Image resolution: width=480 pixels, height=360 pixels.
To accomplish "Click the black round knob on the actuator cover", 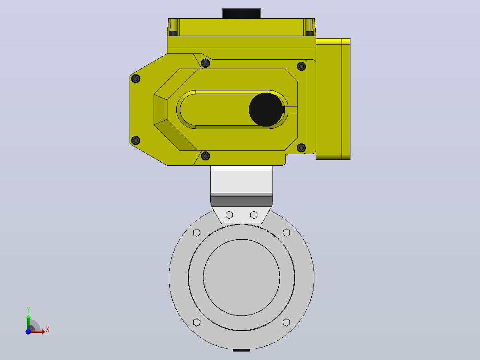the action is coord(266,109).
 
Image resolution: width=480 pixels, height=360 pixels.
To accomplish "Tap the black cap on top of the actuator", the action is coord(241,13).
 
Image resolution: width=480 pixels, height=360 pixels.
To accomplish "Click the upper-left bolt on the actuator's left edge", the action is coord(136,79).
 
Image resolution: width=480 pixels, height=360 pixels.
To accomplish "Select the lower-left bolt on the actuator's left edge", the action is coord(136,140).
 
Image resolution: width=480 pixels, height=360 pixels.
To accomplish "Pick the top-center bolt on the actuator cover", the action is coord(205,63).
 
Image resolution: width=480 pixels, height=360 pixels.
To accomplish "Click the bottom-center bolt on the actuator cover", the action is coord(205,156).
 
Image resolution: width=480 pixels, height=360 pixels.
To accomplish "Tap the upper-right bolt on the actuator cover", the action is coord(301,66).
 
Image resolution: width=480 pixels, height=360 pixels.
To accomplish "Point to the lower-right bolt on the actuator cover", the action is coord(301,148).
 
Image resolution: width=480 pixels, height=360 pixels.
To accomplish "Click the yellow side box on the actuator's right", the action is coord(333,99).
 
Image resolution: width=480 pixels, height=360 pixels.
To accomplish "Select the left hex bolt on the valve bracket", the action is coord(229,215).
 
